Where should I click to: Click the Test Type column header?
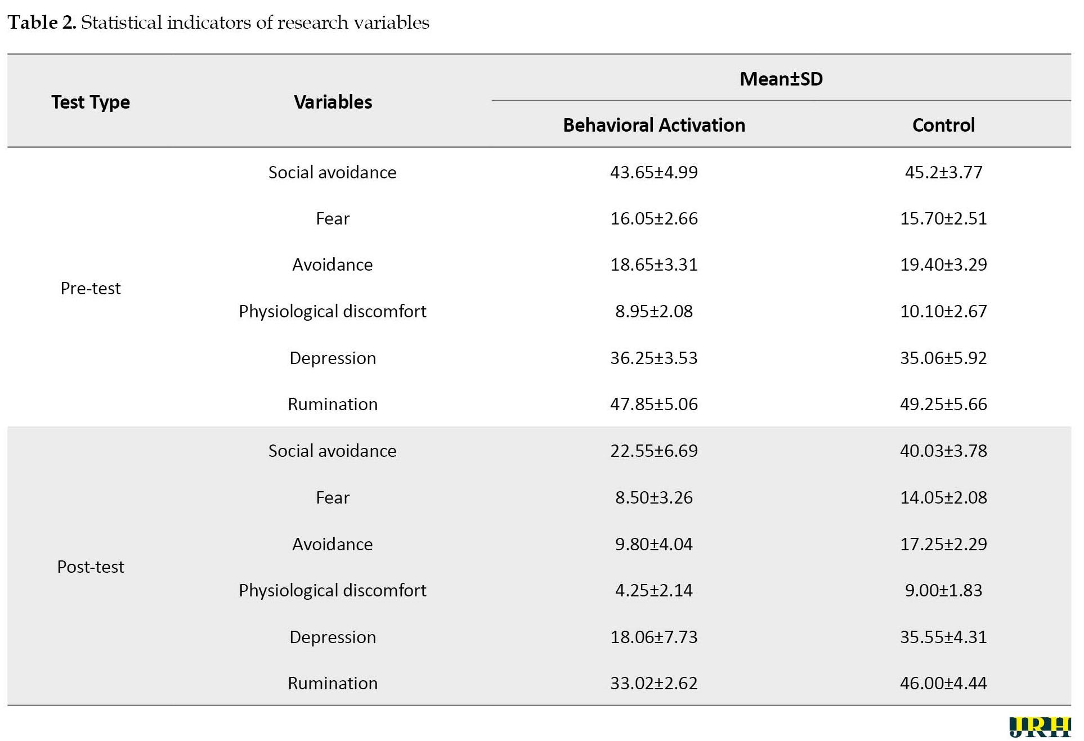[x=91, y=102]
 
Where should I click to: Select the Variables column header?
[x=333, y=102]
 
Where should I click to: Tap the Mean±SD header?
[x=781, y=79]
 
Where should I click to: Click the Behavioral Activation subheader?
[x=654, y=125]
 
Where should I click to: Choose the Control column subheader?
[x=943, y=125]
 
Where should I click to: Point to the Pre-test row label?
[x=91, y=288]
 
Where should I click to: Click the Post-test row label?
[x=91, y=567]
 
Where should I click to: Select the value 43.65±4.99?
[x=654, y=172]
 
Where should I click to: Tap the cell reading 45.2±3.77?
[x=943, y=172]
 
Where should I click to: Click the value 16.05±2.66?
[x=654, y=218]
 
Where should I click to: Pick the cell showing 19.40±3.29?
[x=943, y=264]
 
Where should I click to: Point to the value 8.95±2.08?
[x=654, y=311]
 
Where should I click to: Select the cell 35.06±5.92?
[x=943, y=358]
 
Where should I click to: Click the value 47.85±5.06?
[x=654, y=404]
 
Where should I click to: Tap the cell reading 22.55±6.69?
[x=654, y=451]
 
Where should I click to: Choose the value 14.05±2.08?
[x=943, y=497]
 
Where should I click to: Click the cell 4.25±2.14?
[x=654, y=590]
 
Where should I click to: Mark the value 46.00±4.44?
[x=943, y=683]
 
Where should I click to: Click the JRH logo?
[x=1040, y=727]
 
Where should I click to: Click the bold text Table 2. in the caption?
[x=42, y=23]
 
